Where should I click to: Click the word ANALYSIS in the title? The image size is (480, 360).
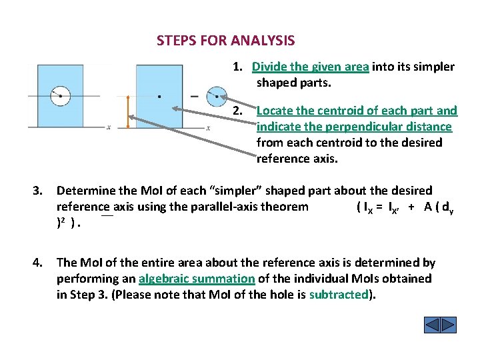point(263,41)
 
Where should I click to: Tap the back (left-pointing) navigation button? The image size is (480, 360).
point(432,325)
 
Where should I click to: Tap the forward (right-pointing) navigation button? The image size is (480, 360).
point(449,325)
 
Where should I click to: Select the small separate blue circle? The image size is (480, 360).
point(216,97)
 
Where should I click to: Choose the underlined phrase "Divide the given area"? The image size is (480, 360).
point(310,67)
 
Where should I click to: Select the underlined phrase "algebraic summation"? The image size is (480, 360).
point(197,279)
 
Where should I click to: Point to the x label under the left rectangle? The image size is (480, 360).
point(108,127)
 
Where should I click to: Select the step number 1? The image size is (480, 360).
point(237,67)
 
